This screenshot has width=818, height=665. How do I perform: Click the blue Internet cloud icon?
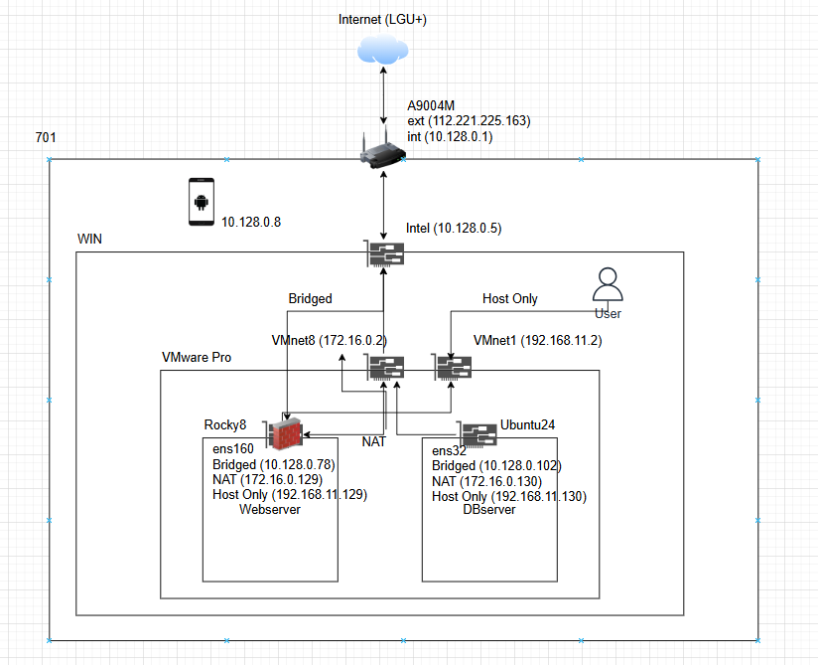(383, 49)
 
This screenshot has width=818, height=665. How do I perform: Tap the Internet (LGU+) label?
(382, 19)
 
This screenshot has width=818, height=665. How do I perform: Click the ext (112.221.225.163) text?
(469, 120)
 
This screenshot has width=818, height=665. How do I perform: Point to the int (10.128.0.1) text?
(450, 136)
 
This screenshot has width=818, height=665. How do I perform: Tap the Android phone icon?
(202, 202)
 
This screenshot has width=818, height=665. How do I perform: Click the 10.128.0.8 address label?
(251, 222)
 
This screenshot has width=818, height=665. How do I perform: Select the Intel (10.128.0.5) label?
(454, 229)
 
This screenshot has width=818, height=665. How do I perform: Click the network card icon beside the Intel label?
(384, 253)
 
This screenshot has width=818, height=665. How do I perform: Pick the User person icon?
(608, 284)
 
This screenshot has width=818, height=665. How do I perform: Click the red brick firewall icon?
(285, 433)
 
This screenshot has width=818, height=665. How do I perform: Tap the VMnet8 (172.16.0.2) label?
(330, 341)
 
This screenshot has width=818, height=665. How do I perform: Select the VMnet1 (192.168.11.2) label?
(537, 341)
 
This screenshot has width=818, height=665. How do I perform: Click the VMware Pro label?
(197, 357)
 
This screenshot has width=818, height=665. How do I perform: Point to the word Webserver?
(270, 509)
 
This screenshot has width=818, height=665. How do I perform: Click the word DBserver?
(489, 509)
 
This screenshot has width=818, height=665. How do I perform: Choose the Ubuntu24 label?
(527, 424)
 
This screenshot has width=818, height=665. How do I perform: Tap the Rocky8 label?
(224, 424)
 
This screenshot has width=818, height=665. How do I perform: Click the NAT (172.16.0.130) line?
(486, 481)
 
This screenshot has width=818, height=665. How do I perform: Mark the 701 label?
(46, 137)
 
